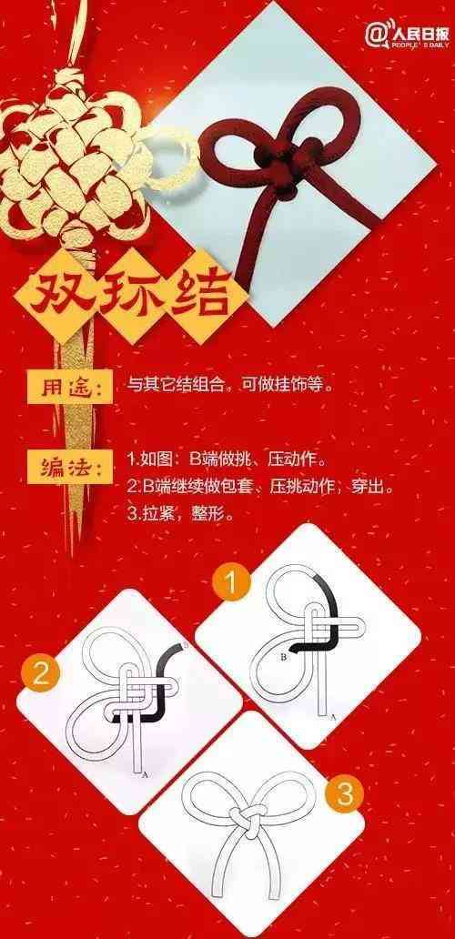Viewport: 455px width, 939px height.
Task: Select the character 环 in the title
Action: point(130,293)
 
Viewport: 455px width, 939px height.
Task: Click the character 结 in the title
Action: point(200,292)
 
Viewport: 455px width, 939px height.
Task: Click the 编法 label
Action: point(70,467)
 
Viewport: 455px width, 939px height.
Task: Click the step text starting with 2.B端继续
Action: point(261,487)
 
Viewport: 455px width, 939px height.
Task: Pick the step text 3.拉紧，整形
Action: point(180,513)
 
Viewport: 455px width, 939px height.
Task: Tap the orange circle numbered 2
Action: point(41,675)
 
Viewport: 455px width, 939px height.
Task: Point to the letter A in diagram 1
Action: point(333,716)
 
